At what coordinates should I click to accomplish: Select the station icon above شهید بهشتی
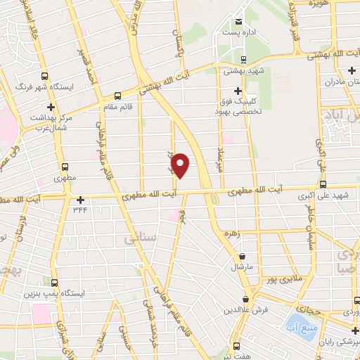[243, 59]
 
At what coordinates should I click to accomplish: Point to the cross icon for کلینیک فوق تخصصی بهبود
[238, 91]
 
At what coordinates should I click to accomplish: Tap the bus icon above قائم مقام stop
[117, 95]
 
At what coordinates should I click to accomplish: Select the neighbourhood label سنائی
[138, 239]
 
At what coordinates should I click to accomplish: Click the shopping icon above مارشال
[243, 257]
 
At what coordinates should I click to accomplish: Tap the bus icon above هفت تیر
[236, 346]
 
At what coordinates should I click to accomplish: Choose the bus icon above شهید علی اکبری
[323, 185]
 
